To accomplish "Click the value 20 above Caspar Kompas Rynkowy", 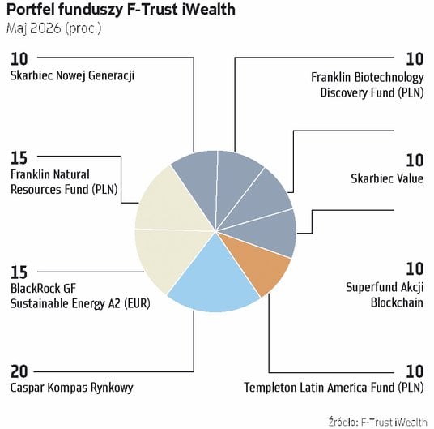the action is [19, 371].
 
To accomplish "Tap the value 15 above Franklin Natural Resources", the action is [19, 158].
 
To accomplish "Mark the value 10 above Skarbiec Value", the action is [415, 161].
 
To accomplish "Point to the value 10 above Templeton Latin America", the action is [415, 371].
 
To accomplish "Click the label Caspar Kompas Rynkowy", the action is [72, 388].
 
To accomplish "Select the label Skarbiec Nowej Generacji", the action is [72, 75].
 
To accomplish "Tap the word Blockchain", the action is [397, 302].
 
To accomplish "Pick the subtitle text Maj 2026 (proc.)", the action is [54, 28].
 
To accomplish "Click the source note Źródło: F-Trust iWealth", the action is [378, 422].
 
